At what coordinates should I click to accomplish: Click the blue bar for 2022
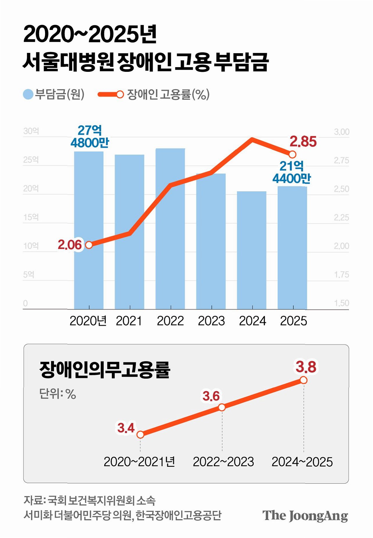[170, 229]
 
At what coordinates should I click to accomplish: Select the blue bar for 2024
[252, 250]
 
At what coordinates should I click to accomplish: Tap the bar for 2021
[129, 232]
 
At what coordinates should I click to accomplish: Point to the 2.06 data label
[70, 245]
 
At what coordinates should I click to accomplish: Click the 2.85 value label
[303, 142]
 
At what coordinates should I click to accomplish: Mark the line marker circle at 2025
[292, 154]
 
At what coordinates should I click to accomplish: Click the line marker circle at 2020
[89, 245]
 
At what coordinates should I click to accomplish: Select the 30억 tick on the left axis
[31, 131]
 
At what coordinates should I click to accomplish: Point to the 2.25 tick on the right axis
[341, 217]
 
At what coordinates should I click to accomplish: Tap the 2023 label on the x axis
[211, 321]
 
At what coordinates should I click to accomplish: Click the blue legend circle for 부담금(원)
[28, 94]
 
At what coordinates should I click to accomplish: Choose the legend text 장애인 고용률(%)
[168, 94]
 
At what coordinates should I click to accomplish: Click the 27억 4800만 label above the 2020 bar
[90, 136]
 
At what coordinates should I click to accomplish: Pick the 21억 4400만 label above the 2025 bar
[291, 172]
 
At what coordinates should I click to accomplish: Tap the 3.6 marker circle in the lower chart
[222, 407]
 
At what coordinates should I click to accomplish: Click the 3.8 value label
[306, 367]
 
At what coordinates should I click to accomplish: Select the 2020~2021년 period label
[139, 462]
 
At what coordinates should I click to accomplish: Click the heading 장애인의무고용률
[104, 369]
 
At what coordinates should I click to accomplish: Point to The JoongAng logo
[305, 516]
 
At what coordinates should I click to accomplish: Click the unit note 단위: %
[57, 394]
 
